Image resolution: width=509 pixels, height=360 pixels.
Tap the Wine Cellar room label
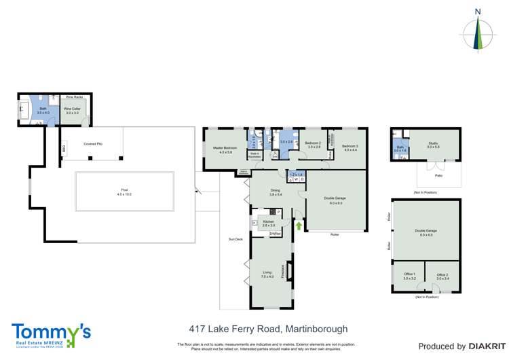pyautogui.click(x=73, y=110)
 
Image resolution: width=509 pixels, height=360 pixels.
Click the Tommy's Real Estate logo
pyautogui.click(x=50, y=334)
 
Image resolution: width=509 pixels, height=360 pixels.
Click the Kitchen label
pyautogui.click(x=269, y=223)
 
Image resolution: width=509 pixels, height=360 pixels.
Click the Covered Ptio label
pyautogui.click(x=93, y=144)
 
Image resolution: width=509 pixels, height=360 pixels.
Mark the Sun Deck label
pyautogui.click(x=235, y=239)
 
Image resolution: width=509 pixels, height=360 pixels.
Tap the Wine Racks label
pyautogui.click(x=74, y=98)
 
